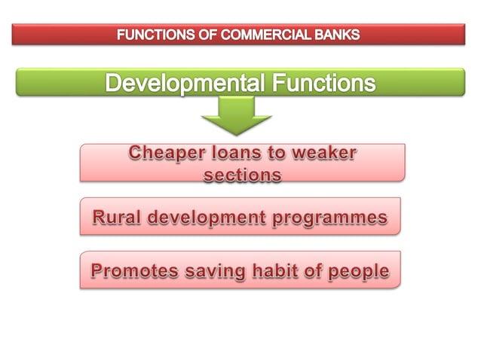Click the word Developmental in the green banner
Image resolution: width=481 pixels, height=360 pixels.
click(x=184, y=82)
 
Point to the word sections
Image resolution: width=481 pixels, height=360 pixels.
click(x=242, y=174)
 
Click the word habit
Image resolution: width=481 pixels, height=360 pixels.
click(x=277, y=270)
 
